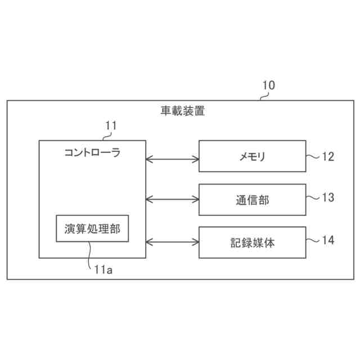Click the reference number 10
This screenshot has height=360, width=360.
[x=269, y=85]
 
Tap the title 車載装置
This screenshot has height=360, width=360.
[x=182, y=111]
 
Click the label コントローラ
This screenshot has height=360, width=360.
[x=92, y=152]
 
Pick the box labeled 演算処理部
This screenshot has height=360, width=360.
[x=92, y=228]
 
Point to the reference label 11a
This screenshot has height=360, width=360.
[x=102, y=270]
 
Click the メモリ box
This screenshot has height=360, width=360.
[x=253, y=156]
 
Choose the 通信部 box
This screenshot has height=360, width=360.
[x=253, y=199]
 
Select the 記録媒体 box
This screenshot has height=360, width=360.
[x=253, y=242]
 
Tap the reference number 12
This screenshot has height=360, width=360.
[x=328, y=156]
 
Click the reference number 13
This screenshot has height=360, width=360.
[x=328, y=197]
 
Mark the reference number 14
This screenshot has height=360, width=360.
[x=328, y=240]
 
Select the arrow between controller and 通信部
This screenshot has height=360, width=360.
[x=173, y=199]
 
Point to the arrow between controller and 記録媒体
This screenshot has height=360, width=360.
[x=173, y=242]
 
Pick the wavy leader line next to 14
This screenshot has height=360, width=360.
[x=313, y=240]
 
